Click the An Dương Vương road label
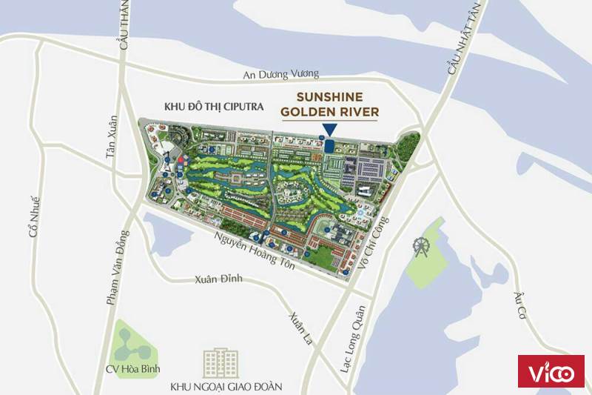click(x=281, y=74)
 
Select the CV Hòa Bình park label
click(x=132, y=368)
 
